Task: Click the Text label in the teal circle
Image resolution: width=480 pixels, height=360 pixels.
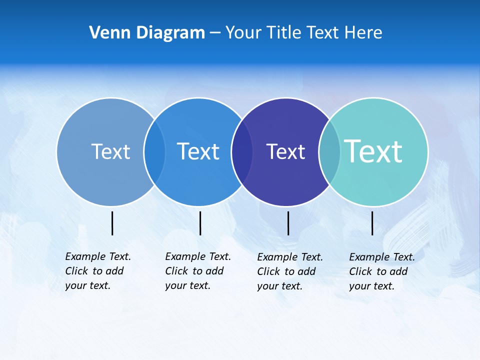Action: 373,151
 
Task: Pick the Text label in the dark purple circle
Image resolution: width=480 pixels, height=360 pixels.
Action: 285,152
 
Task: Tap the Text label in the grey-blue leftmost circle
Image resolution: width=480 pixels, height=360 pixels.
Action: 110,151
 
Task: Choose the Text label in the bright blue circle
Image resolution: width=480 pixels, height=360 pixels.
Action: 198,151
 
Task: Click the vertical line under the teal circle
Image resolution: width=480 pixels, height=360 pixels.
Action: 372,223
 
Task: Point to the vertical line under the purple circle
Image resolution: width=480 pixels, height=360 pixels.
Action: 288,223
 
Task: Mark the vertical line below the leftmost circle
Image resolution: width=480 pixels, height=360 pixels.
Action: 112,223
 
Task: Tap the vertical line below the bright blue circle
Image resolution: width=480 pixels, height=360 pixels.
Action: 200,223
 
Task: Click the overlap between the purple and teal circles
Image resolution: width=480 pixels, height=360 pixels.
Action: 329,152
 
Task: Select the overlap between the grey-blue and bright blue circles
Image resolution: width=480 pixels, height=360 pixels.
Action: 154,152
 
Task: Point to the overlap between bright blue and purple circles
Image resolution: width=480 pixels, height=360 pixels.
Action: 242,152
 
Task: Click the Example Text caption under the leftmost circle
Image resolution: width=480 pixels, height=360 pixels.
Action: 98,271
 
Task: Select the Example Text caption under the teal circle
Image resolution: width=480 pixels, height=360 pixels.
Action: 382,271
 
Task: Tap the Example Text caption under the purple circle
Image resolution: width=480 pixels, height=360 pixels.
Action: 290,271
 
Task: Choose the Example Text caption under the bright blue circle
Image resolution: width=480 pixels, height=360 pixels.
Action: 198,271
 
